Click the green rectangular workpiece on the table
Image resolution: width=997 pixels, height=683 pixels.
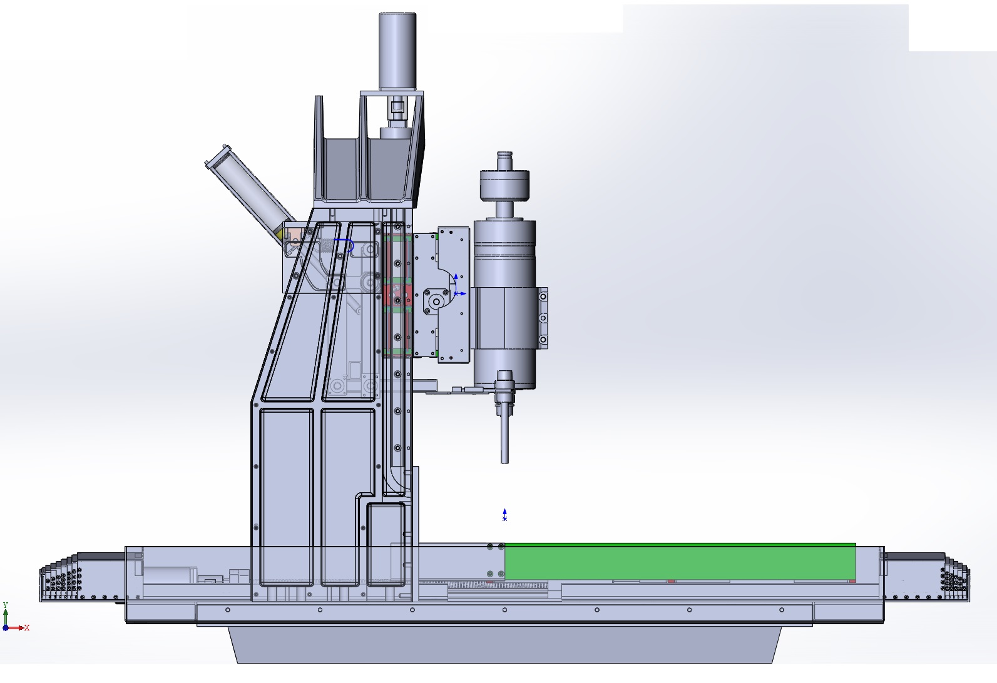680,561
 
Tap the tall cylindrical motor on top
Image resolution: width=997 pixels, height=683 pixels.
397,51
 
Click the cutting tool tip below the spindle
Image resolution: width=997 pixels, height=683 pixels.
504,463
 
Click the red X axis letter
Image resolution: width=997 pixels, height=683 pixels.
27,628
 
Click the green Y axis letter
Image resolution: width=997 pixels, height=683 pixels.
6,605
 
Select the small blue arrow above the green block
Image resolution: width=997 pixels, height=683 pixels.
504,515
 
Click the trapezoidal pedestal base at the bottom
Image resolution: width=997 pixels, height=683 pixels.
504,644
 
